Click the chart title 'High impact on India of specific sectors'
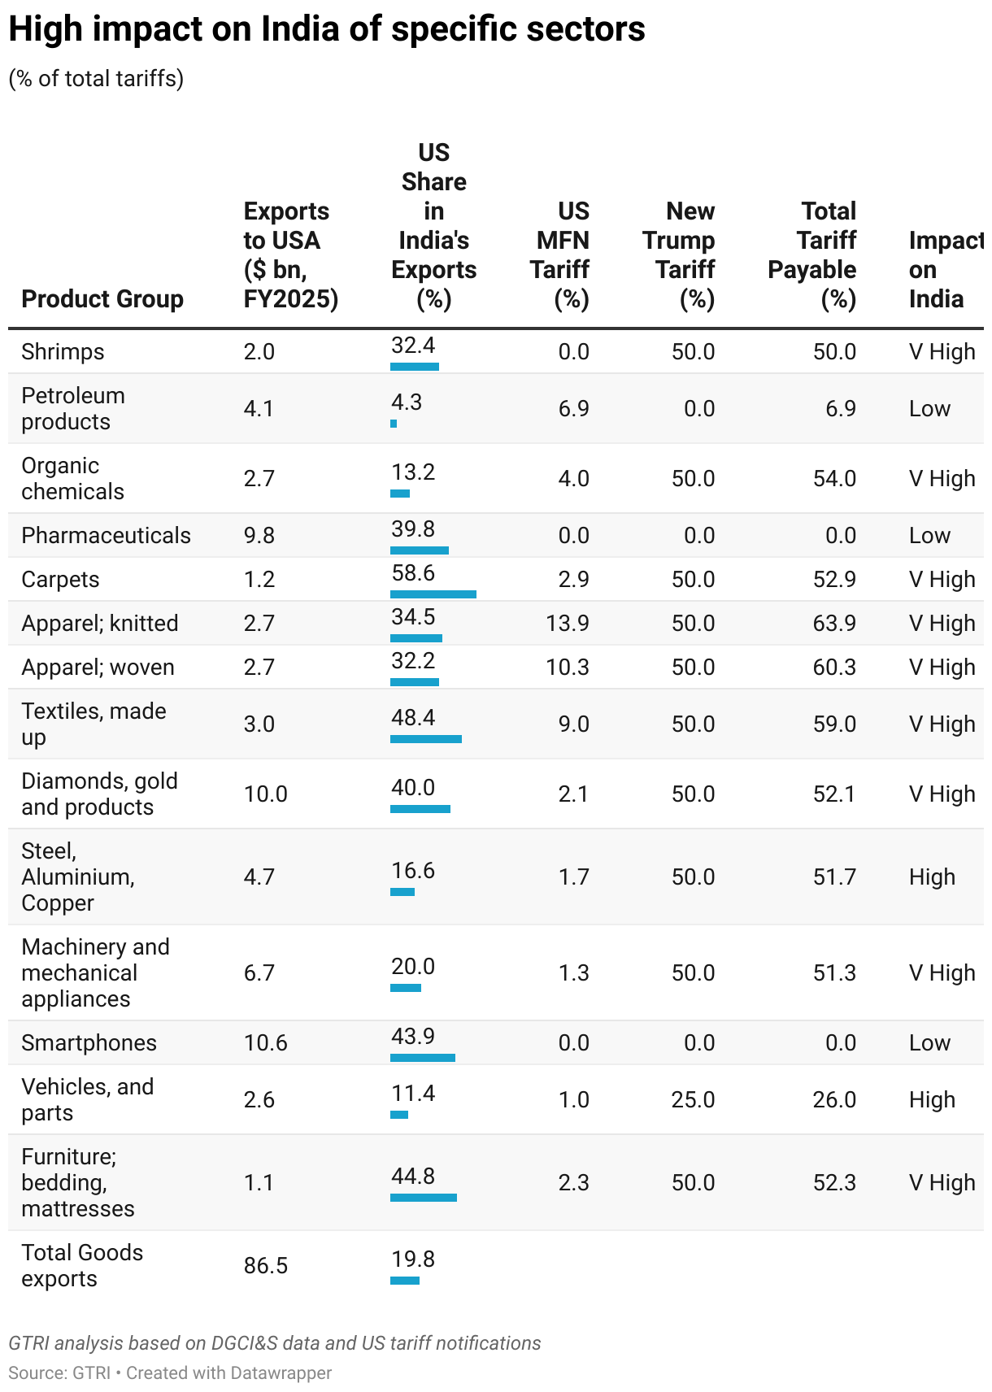tap(327, 30)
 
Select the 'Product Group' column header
tap(102, 299)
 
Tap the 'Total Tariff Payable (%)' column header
tap(812, 255)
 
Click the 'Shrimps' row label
tap(63, 352)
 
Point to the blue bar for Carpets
tap(433, 594)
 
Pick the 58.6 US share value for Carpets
tap(413, 573)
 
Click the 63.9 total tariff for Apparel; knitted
tap(834, 624)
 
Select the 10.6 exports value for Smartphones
tap(265, 1043)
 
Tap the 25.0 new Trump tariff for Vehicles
tap(693, 1100)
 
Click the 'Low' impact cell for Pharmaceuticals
tap(929, 536)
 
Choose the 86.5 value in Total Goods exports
tap(265, 1266)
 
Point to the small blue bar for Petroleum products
tap(394, 424)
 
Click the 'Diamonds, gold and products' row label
tap(99, 794)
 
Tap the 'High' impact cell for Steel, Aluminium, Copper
tap(932, 877)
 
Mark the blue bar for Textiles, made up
tap(425, 739)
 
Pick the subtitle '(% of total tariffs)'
tap(96, 79)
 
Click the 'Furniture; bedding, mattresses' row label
tap(78, 1183)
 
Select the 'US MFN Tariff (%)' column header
tap(560, 255)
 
